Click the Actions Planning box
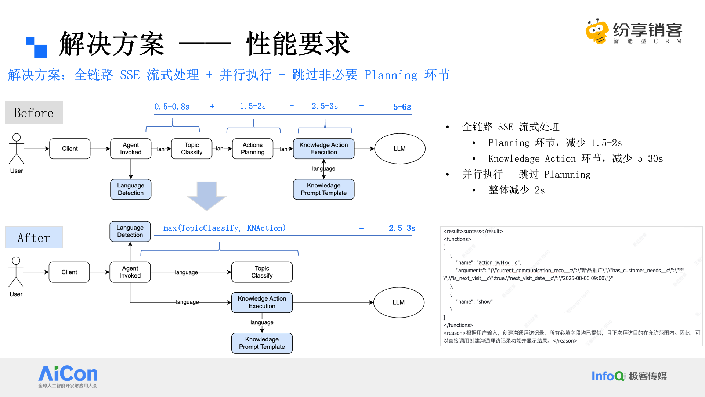[x=253, y=149]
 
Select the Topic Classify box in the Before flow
[x=192, y=149]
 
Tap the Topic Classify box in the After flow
[x=262, y=272]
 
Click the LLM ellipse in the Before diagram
[x=399, y=149]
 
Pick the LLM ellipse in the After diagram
[x=399, y=303]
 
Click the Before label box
[x=34, y=112]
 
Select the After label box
[x=34, y=237]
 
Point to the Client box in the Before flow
[x=70, y=149]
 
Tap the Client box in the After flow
[x=69, y=272]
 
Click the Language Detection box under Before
[x=131, y=189]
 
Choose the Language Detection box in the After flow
[x=130, y=231]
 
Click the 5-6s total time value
[x=402, y=107]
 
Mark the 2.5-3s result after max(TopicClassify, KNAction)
[x=402, y=228]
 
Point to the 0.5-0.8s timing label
[x=172, y=107]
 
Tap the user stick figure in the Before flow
[x=17, y=149]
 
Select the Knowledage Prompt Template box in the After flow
[x=262, y=343]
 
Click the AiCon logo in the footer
[x=68, y=374]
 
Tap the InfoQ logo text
[x=608, y=376]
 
